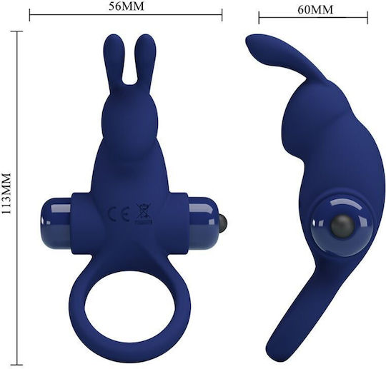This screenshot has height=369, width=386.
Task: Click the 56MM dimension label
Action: [x=127, y=6]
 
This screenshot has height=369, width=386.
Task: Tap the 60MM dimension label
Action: [x=315, y=10]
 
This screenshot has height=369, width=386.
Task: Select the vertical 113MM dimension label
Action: [x=6, y=194]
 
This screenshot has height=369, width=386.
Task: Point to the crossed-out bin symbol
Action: [x=144, y=213]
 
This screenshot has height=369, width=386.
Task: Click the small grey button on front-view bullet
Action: [x=223, y=221]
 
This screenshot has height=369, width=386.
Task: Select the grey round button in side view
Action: [x=342, y=225]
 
